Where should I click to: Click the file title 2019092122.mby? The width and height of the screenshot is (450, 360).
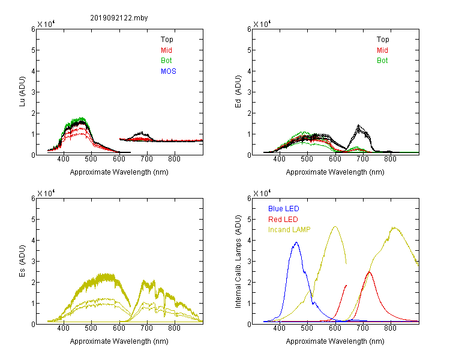coord(119,18)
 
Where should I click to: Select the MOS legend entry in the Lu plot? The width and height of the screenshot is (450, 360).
coord(169,71)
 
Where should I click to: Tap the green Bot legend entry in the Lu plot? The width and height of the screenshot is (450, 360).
coord(166,61)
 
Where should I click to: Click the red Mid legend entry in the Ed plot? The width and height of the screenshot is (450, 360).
coord(382,50)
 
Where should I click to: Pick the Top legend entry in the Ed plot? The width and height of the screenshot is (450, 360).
coord(383,40)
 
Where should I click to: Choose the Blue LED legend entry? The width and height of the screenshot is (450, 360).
coord(284,209)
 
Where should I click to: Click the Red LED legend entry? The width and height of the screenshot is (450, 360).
coord(283,220)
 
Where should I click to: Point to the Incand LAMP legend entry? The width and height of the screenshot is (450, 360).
coord(289,230)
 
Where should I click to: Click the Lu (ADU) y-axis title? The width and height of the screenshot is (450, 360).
coord(22,91)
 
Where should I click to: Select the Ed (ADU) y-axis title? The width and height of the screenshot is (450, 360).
coord(238,91)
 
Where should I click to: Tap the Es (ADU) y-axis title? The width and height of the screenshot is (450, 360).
coord(22,260)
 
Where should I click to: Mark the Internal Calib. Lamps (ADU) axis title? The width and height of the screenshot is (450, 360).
coord(238,261)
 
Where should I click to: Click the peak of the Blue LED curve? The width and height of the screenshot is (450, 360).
coord(296,242)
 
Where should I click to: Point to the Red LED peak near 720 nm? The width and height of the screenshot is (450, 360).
coord(369,272)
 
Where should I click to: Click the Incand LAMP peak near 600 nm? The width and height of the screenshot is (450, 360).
coord(335,227)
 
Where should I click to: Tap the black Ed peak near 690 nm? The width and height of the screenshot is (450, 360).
coord(358,125)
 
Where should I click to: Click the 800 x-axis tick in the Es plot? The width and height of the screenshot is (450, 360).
coord(174,328)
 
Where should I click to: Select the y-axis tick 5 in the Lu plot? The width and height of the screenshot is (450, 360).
coord(33,50)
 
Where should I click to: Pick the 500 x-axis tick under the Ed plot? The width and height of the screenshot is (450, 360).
coord(307,159)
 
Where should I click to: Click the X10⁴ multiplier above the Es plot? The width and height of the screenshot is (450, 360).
coord(46,193)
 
